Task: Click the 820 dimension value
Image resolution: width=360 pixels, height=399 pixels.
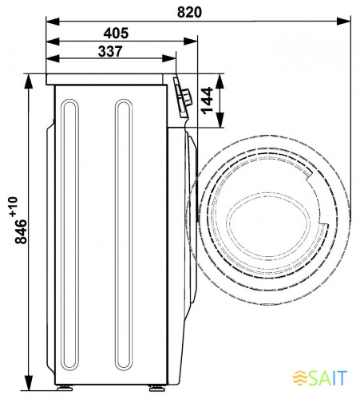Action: tap(189, 12)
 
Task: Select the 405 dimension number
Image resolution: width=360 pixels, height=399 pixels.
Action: tap(116, 34)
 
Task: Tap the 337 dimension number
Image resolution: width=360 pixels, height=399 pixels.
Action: tap(110, 51)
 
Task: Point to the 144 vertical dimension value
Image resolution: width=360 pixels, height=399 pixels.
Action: tap(208, 101)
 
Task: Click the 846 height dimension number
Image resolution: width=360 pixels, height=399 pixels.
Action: tap(21, 231)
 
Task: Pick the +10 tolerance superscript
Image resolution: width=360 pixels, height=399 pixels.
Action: tap(14, 207)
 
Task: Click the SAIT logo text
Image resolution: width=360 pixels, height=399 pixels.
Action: tap(329, 377)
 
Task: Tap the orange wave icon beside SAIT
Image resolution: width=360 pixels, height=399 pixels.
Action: tap(300, 377)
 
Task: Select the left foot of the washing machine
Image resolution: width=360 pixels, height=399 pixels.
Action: tap(65, 388)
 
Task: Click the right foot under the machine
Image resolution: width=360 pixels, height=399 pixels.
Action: tap(157, 388)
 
